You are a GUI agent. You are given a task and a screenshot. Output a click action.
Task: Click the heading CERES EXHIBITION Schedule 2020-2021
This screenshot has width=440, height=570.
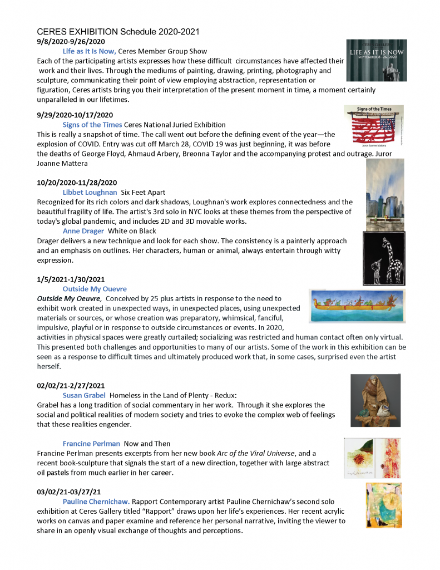click(x=118, y=32)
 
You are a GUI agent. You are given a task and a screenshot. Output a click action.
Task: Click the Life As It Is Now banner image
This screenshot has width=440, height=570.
click(x=376, y=60)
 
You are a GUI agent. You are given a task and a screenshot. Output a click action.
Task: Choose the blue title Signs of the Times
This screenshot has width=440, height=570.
click(x=92, y=125)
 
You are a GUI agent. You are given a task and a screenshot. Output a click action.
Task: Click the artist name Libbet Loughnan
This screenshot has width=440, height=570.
click(x=90, y=192)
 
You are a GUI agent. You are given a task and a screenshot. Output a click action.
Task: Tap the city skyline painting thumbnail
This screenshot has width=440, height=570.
click(x=385, y=194)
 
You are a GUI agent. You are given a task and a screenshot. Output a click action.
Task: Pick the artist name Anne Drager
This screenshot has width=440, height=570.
click(x=83, y=230)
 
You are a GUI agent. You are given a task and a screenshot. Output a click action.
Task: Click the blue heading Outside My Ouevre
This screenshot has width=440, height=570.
click(x=95, y=289)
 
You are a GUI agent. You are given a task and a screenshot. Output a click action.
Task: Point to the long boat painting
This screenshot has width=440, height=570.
click(x=357, y=306)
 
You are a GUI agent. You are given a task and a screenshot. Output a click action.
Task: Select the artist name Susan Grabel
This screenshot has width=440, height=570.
click(x=84, y=395)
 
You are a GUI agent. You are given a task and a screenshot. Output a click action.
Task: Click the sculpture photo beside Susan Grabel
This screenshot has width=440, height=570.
click(x=375, y=400)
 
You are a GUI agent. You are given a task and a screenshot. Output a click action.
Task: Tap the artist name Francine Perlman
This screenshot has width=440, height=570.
click(x=91, y=444)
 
